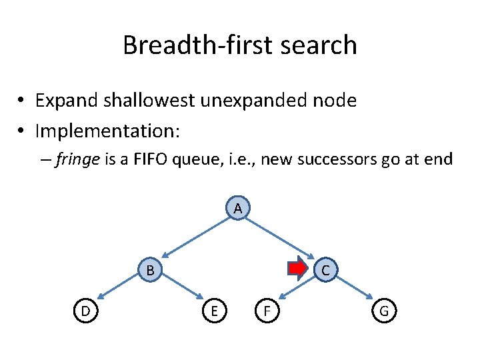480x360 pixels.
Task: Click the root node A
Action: [237, 209]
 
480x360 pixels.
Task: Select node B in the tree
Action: [151, 270]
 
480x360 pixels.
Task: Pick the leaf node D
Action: [85, 310]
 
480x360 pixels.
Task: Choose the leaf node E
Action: [213, 310]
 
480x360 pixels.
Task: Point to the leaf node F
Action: [267, 310]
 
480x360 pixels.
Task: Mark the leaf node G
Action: [385, 310]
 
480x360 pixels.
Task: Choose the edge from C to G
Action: [353, 289]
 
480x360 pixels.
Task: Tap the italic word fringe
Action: [75, 160]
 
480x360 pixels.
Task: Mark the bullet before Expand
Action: [22, 102]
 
